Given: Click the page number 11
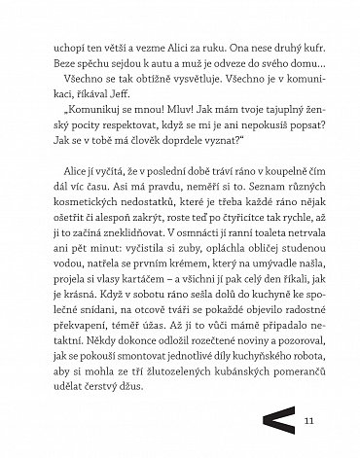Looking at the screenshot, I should (310, 420).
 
